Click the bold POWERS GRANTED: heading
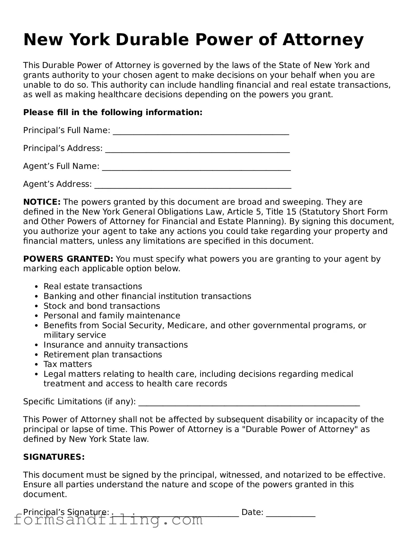pos(68,259)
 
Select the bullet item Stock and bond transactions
pos(102,306)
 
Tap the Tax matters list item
pos(68,364)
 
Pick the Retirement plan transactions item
pos(103,354)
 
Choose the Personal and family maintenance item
pos(112,316)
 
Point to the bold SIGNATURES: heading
pos(54,457)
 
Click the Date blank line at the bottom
pos(291,515)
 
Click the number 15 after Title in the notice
pos(291,212)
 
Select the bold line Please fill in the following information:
pos(113,112)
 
